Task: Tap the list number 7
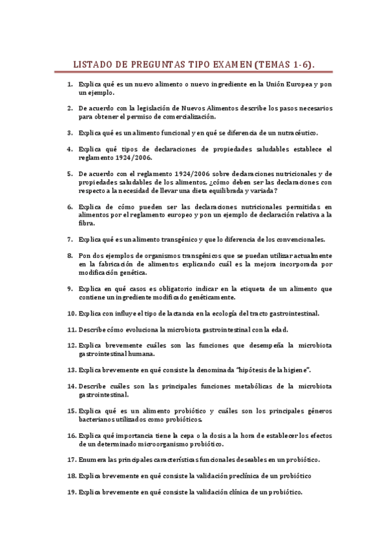[x=70, y=239]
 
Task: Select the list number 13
[x=72, y=370]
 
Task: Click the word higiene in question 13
[x=286, y=370]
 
